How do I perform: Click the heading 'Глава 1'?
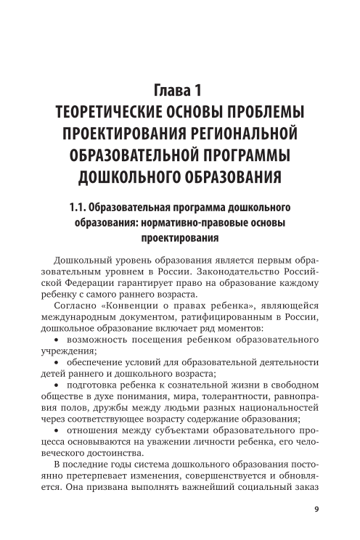pos(179,91)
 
